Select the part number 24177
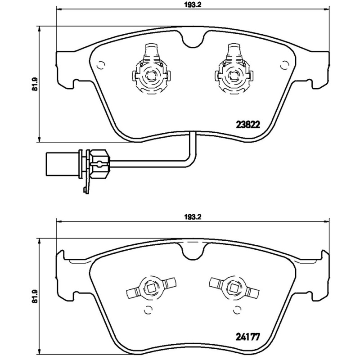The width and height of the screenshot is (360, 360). coord(247,336)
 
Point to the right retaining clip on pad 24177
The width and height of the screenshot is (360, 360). coord(234,287)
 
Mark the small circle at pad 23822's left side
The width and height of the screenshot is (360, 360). coord(100,64)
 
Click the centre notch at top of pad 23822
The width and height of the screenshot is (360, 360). coord(192,41)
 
